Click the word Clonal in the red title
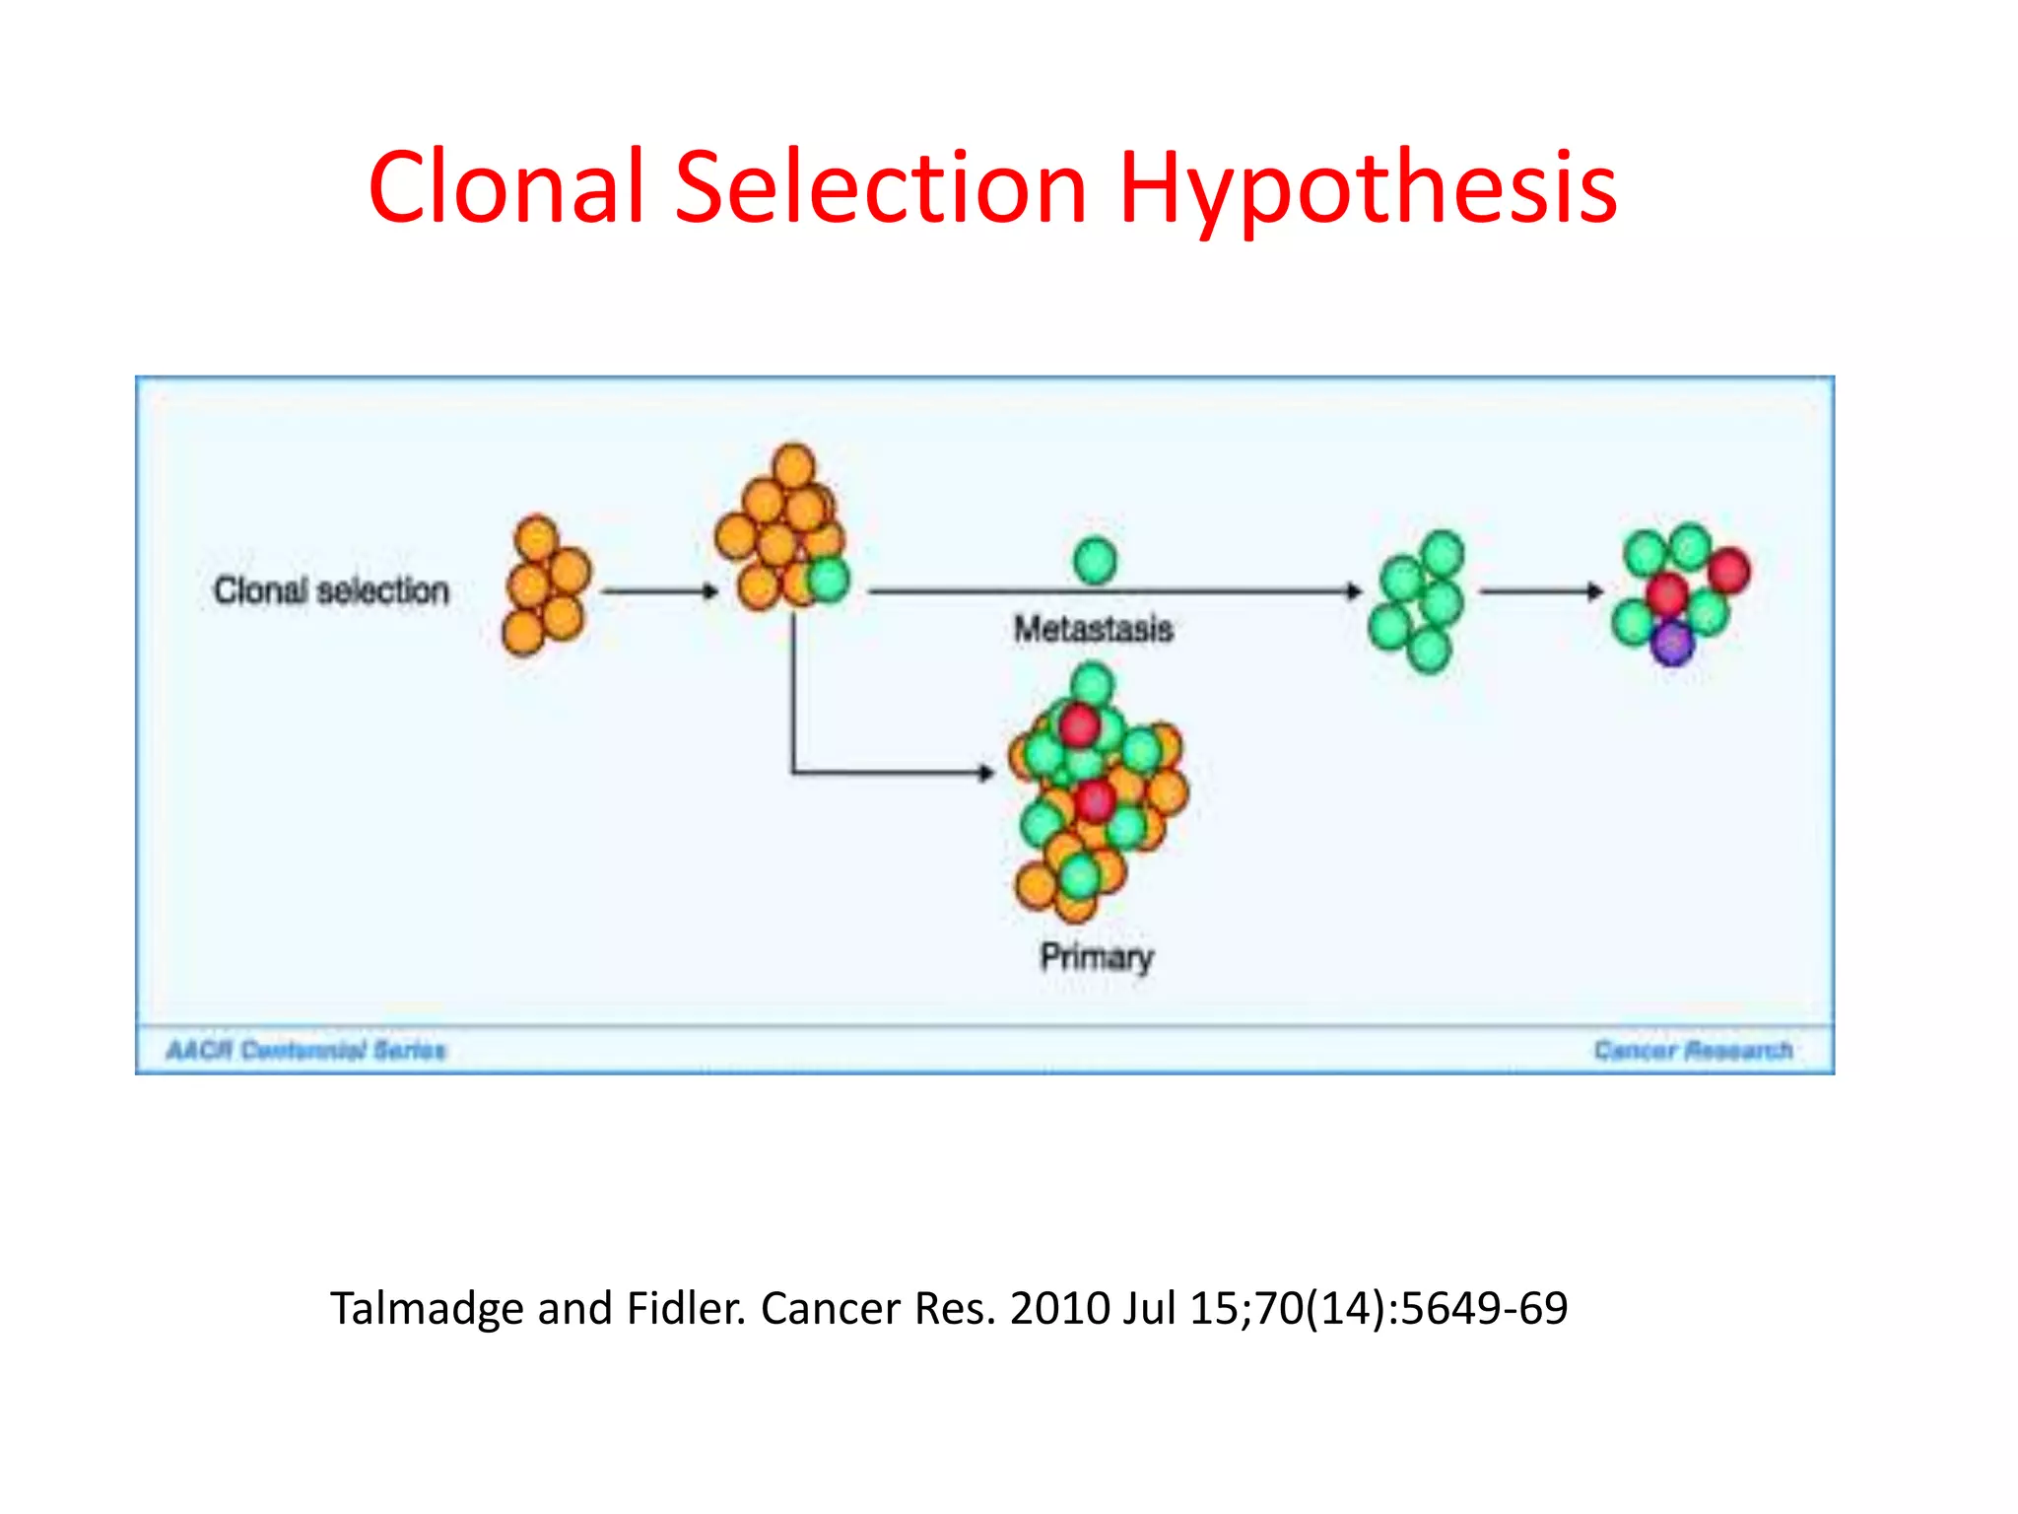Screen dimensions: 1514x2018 (506, 187)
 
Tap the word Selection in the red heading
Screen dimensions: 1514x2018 (881, 187)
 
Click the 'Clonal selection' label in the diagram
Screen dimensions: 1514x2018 (331, 590)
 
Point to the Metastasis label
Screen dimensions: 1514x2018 (1094, 629)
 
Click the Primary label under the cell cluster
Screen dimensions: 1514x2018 (1097, 956)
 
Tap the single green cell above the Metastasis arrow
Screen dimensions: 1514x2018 (1095, 561)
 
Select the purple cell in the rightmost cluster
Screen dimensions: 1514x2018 (1672, 644)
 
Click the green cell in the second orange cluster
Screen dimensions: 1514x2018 (829, 579)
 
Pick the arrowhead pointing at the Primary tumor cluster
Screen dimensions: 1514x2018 (985, 773)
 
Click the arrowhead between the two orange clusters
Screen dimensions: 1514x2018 (710, 591)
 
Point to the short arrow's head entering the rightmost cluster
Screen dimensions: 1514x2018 (1595, 591)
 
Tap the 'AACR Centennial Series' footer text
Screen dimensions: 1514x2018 (306, 1051)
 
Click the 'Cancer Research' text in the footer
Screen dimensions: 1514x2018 (1693, 1051)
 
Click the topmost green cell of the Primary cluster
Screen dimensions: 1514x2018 (1092, 683)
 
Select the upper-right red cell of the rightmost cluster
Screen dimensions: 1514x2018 (1729, 570)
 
